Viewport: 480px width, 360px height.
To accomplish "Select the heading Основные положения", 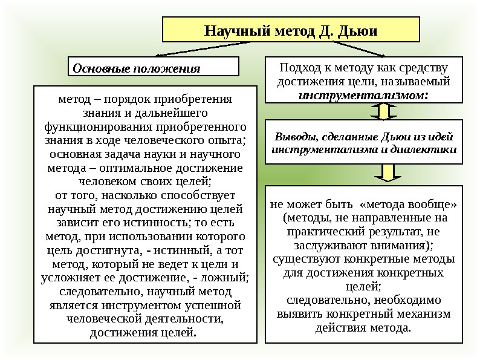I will [136, 68].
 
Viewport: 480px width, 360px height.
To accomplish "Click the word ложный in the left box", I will [227, 278].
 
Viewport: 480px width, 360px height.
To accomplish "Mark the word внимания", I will [404, 246].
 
